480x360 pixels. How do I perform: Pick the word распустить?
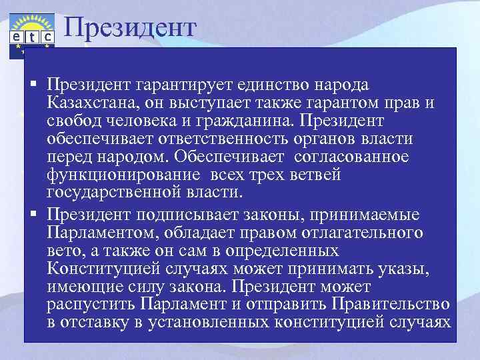(x=91, y=305)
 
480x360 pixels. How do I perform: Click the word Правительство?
(x=386, y=305)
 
